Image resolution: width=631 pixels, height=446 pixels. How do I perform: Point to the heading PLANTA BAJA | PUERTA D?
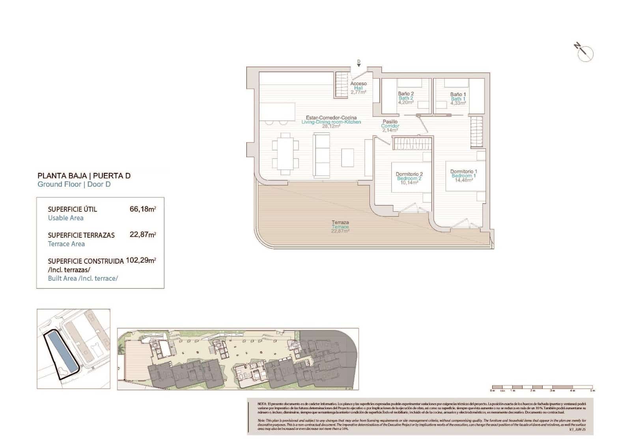pyautogui.click(x=84, y=176)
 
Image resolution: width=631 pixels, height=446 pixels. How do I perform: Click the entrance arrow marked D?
pyautogui.click(x=358, y=64)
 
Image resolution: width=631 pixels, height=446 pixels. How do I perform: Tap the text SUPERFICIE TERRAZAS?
pyautogui.click(x=81, y=235)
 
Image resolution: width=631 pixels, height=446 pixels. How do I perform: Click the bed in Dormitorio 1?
pyautogui.click(x=461, y=176)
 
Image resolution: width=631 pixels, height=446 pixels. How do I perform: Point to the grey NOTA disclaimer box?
pyautogui.click(x=420, y=416)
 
